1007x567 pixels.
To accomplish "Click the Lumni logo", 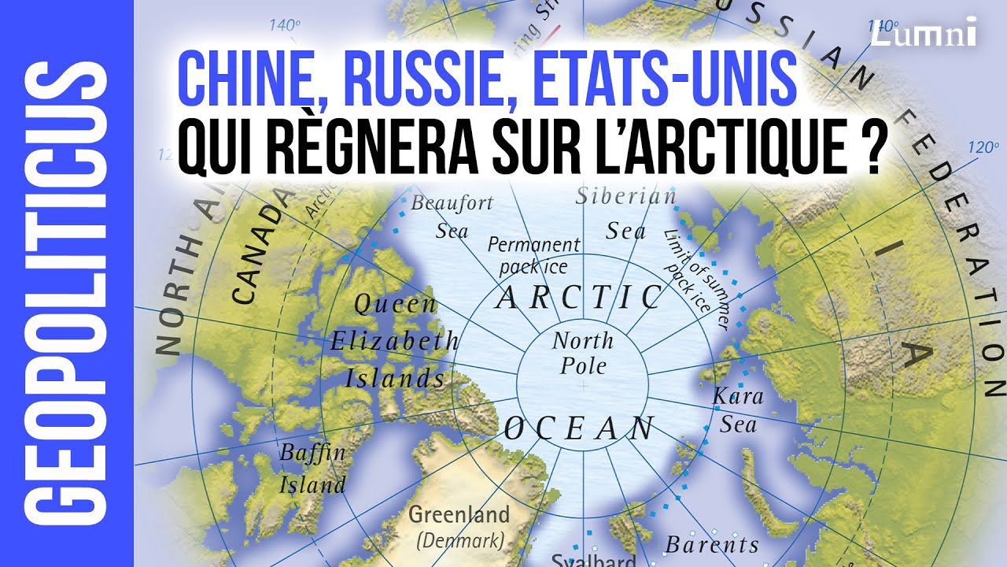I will point(922,32).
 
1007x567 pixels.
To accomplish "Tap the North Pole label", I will point(582,354).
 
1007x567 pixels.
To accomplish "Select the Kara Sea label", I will point(738,410).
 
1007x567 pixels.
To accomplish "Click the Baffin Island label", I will point(312,469).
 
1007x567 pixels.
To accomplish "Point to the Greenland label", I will point(459,515).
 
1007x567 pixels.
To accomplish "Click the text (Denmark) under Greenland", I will point(460,541).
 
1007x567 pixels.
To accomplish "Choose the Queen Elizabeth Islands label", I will point(395,341).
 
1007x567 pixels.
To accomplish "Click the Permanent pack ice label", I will point(533,255).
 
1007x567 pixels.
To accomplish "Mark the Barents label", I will point(712,544).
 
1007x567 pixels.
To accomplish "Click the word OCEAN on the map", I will point(579,429).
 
